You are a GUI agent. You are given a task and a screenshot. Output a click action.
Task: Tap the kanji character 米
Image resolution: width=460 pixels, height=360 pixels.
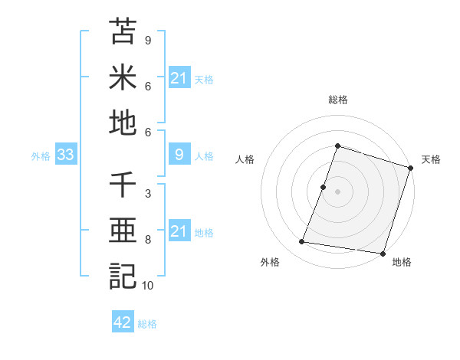click(x=123, y=77)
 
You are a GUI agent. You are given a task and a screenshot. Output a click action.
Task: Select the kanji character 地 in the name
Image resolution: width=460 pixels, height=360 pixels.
click(x=123, y=123)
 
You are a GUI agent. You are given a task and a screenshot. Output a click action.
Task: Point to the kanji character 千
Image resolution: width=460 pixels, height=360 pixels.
click(x=123, y=185)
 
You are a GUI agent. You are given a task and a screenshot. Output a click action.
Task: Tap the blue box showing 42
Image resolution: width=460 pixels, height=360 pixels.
click(x=123, y=322)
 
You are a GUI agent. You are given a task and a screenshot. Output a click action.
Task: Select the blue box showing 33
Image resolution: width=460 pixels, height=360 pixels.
click(x=65, y=155)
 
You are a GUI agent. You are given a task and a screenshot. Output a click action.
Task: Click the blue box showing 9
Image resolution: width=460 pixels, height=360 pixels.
click(x=179, y=155)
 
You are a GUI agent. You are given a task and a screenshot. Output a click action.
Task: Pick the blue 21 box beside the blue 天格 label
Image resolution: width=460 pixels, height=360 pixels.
click(x=179, y=77)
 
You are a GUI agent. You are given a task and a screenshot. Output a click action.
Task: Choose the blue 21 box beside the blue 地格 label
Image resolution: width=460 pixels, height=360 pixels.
click(x=179, y=231)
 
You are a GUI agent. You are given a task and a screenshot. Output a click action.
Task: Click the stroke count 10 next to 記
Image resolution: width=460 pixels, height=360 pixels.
click(x=148, y=286)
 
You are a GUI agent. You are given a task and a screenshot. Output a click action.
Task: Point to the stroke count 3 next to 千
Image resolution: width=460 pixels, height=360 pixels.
click(x=148, y=194)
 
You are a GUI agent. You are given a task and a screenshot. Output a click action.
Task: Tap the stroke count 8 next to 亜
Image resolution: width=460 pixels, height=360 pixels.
click(x=148, y=240)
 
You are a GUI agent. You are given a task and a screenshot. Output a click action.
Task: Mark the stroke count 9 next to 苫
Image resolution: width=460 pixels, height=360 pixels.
click(x=148, y=40)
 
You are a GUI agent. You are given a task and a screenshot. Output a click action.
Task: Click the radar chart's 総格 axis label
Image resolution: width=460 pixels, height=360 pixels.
click(x=337, y=100)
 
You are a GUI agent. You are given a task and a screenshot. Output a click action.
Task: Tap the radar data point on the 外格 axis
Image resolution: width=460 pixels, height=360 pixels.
click(x=302, y=242)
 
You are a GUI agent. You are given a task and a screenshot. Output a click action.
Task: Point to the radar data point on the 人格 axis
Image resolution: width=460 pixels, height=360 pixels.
click(x=324, y=187)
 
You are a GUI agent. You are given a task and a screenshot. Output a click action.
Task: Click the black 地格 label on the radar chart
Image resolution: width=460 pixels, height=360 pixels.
click(x=402, y=263)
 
